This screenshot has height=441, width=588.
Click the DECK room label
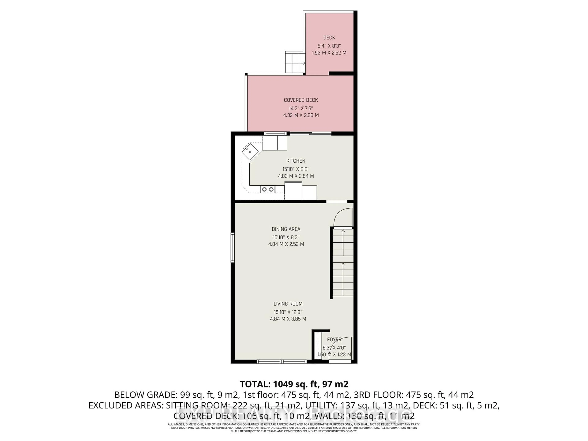coord(329,38)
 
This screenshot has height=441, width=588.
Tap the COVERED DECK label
coord(301,100)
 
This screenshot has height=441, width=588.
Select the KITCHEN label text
coord(296,161)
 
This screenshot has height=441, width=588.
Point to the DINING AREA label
coord(286,229)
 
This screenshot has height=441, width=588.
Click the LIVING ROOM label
coord(288,304)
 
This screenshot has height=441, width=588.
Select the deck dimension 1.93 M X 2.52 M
coord(329,53)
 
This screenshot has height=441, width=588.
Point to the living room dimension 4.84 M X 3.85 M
coord(288,319)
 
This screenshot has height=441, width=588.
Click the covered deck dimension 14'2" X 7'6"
coord(301,108)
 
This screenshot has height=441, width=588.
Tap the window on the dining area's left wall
coord(233,247)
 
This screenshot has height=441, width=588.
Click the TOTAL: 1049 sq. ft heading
coord(294,384)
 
